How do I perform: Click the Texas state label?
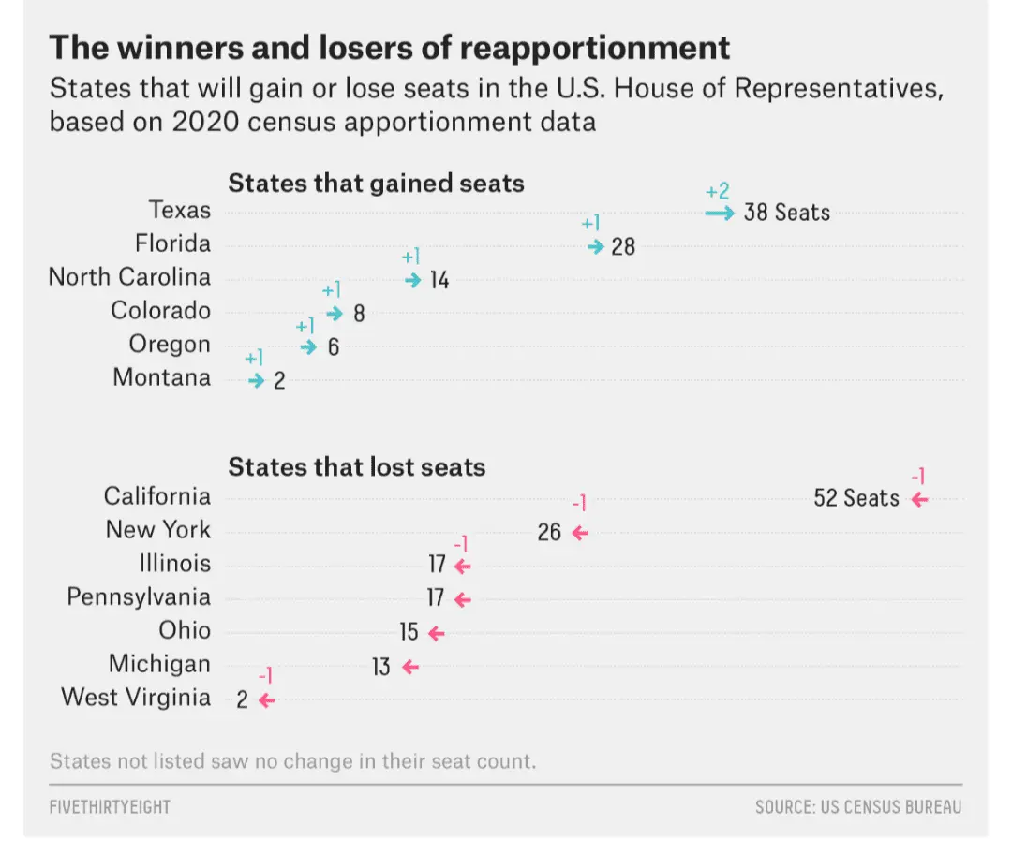[180, 210]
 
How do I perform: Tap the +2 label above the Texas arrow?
[717, 191]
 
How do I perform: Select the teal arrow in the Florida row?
[596, 246]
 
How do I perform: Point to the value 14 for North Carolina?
[439, 280]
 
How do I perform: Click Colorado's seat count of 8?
[359, 314]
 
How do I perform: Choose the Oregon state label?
[170, 345]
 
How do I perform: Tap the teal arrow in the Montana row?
[257, 381]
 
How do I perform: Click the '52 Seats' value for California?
[856, 498]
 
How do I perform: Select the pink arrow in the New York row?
[579, 533]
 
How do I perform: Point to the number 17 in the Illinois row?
[437, 565]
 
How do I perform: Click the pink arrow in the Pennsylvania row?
[462, 599]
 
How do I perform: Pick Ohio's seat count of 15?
[409, 632]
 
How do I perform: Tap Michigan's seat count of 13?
[381, 667]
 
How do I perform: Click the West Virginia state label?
[136, 698]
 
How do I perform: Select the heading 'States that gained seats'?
[376, 183]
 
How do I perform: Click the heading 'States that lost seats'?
[357, 466]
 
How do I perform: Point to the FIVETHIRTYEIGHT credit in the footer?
[111, 806]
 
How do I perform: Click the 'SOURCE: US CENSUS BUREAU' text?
[858, 806]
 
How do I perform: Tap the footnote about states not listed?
[293, 759]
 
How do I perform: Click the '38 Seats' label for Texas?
[786, 213]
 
